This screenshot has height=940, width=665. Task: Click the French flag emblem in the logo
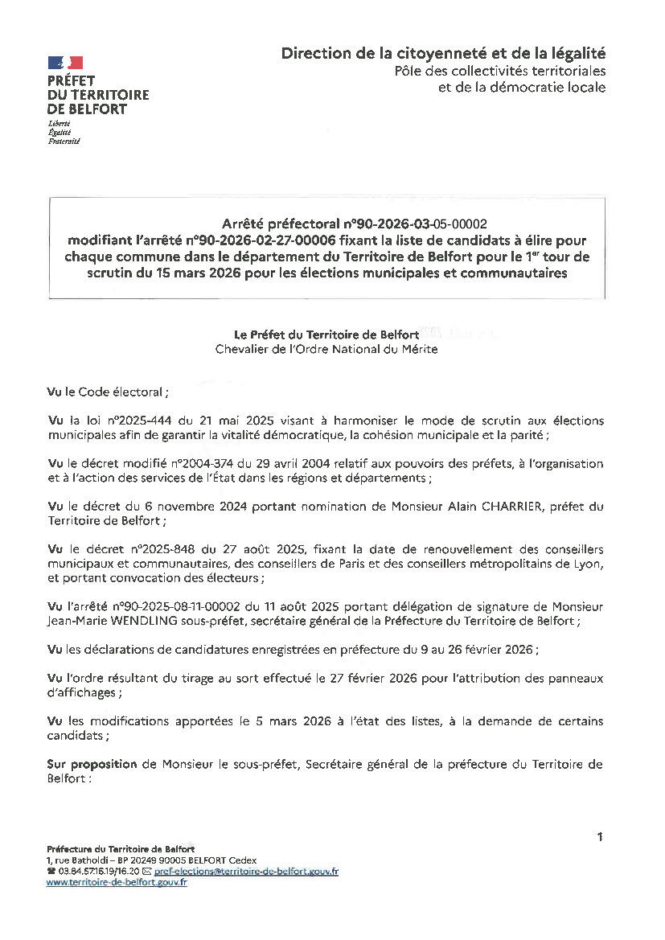pos(65,62)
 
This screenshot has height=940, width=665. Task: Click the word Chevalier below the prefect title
pos(244,349)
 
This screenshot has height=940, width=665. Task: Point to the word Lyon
pos(587,564)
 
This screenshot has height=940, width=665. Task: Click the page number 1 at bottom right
pos(600,837)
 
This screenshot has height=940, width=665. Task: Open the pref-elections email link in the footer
pos(246,872)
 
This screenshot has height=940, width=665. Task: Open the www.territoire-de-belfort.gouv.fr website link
pos(117,882)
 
